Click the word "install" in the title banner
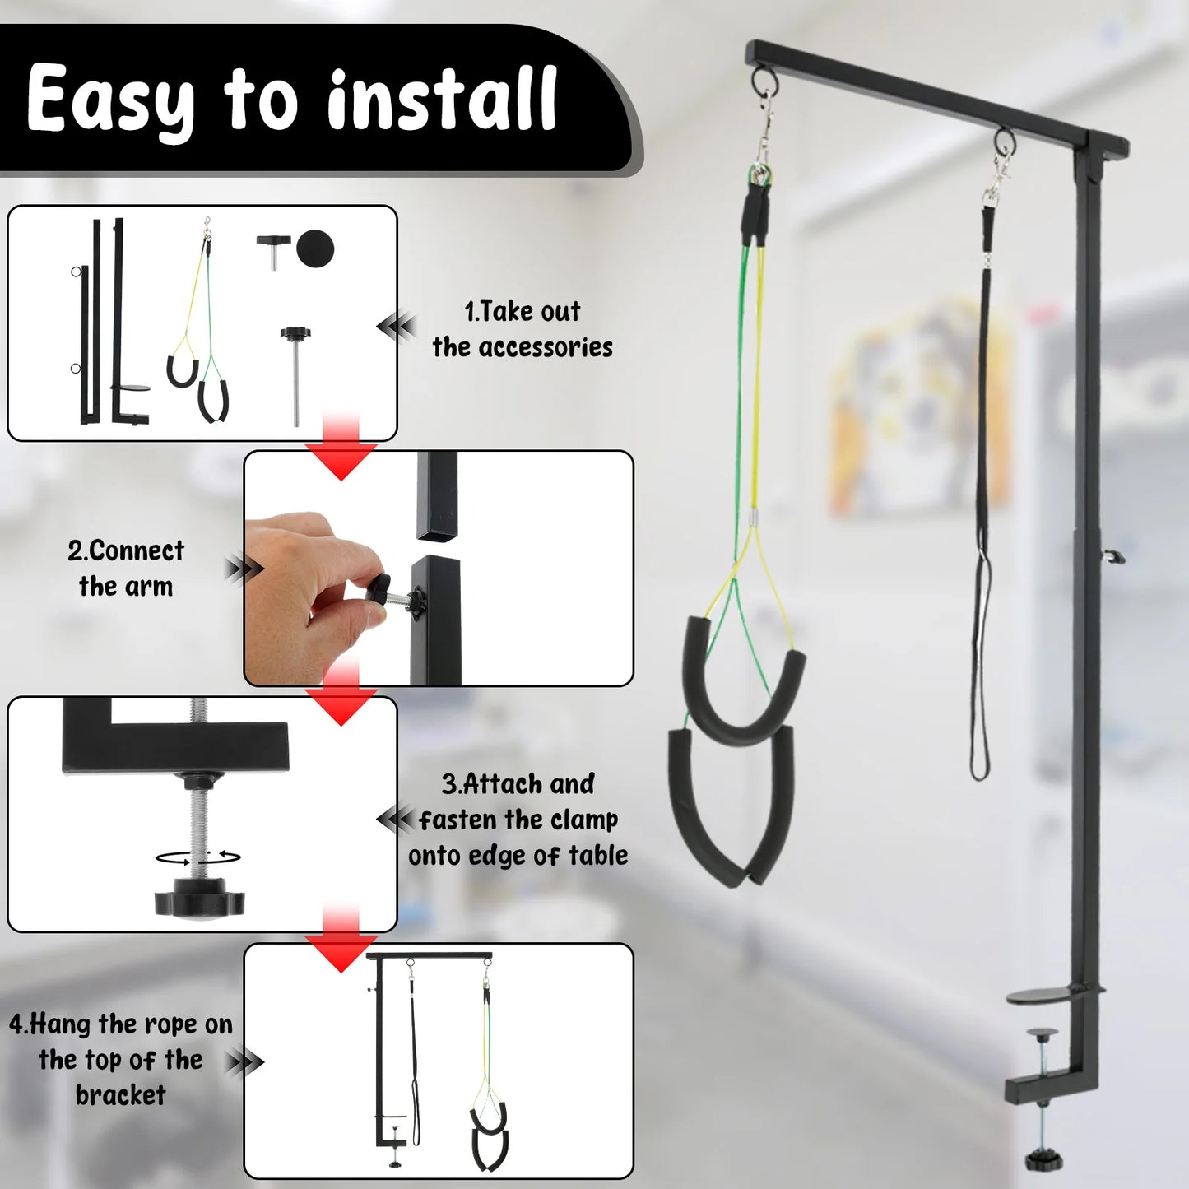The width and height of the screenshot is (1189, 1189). (x=442, y=100)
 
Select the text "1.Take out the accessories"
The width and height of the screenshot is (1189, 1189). (x=522, y=329)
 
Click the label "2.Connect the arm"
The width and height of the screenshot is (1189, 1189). (x=126, y=569)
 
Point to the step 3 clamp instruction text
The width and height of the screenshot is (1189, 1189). (x=518, y=820)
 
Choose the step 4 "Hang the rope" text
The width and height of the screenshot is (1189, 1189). (x=121, y=1060)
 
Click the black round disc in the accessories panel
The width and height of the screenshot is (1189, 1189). (x=315, y=248)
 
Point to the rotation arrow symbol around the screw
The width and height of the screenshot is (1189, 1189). (x=198, y=857)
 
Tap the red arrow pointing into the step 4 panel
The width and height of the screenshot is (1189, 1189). (x=341, y=941)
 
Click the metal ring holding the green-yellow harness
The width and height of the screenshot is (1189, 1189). (x=764, y=81)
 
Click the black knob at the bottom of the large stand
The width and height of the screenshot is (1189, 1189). (x=1043, y=1160)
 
